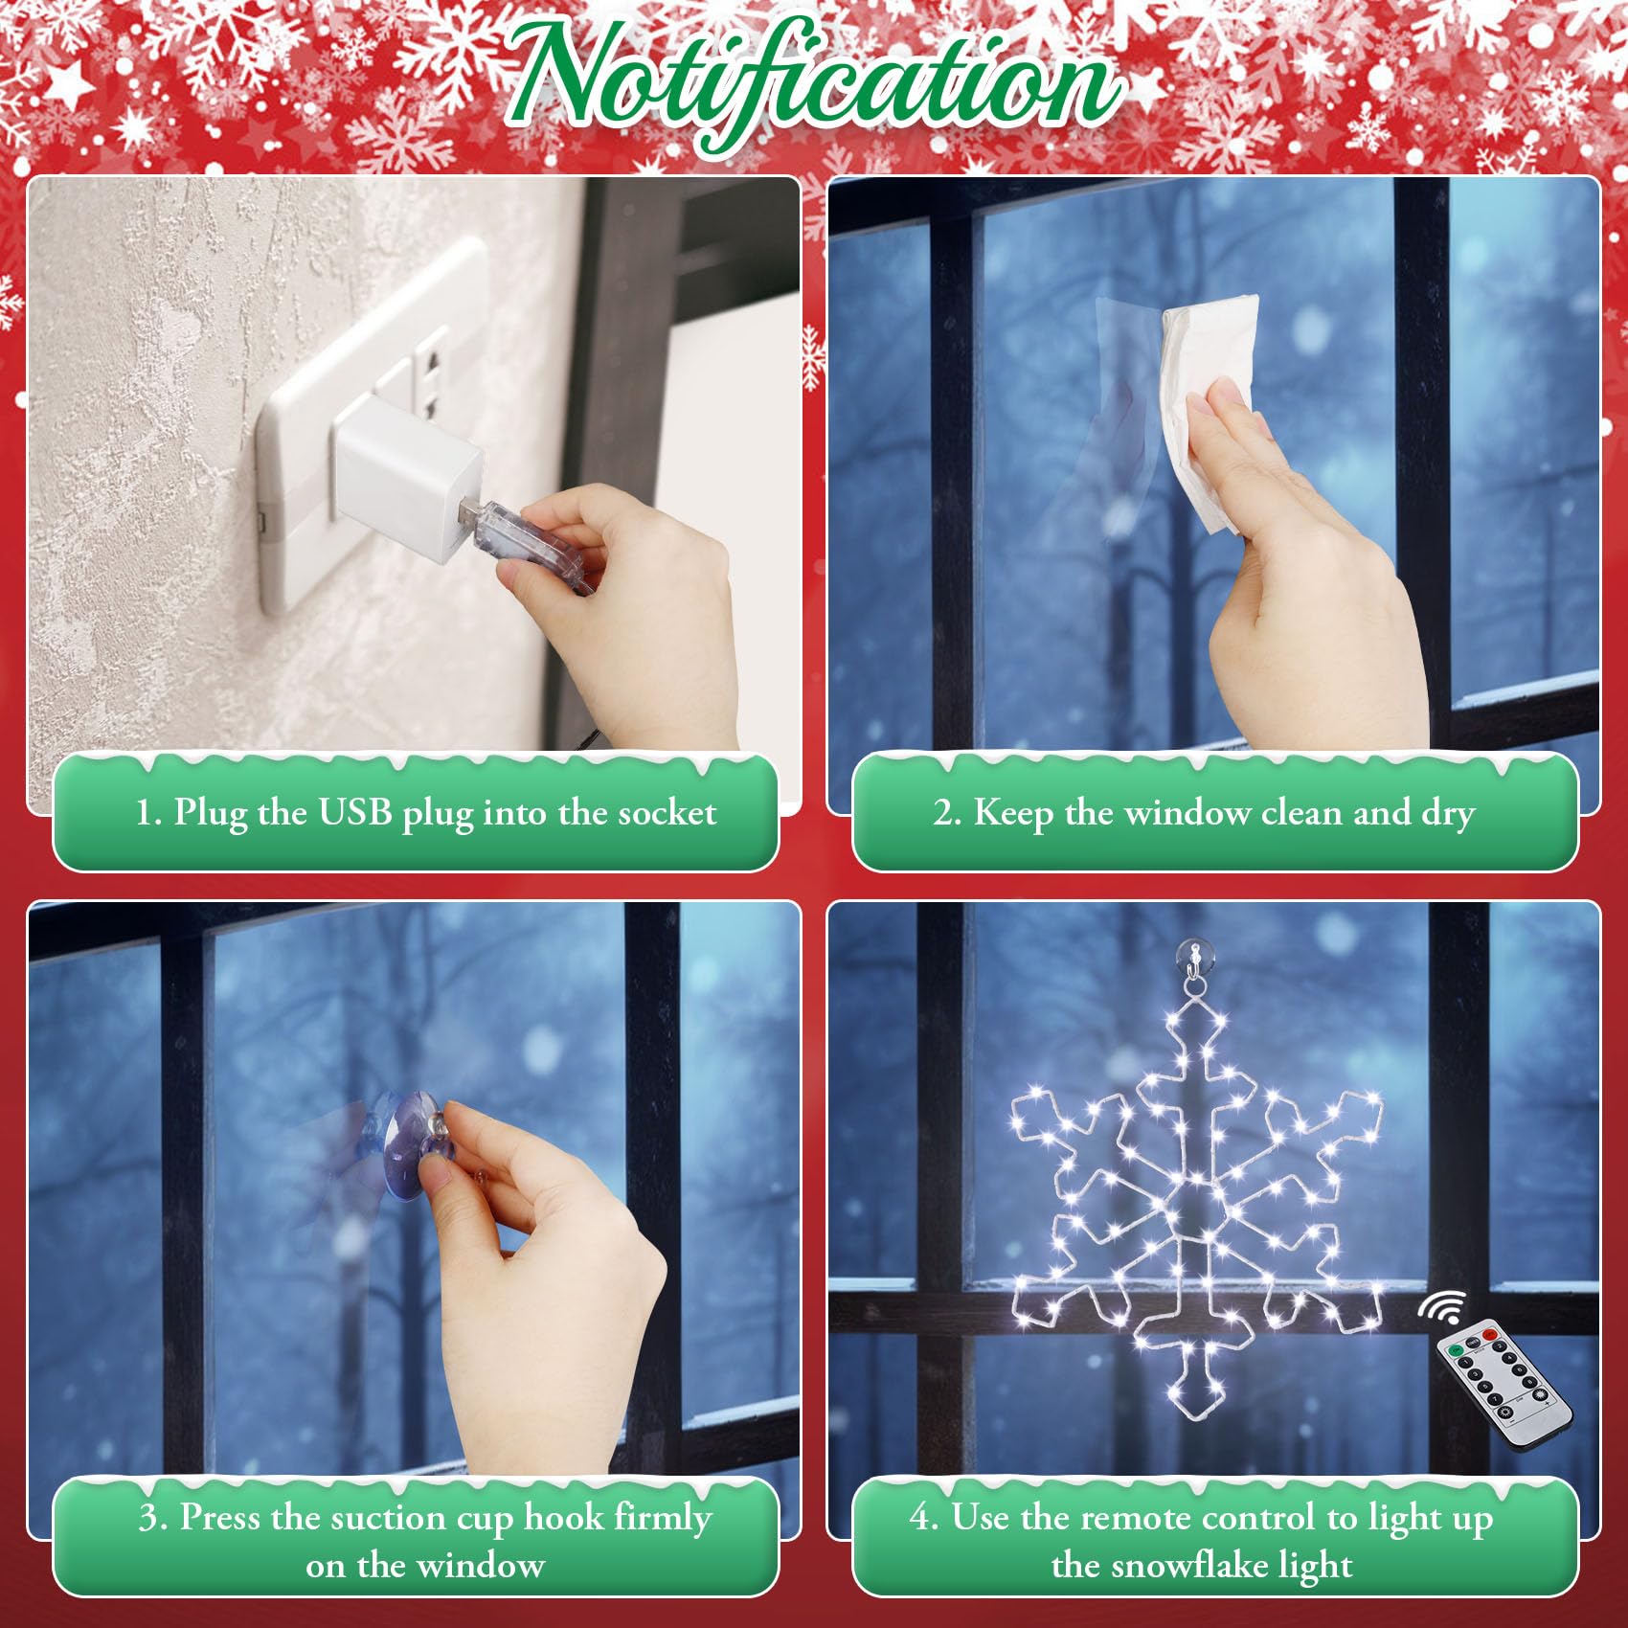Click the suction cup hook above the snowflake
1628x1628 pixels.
pyautogui.click(x=1194, y=967)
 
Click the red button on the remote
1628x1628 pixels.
pyautogui.click(x=1489, y=1334)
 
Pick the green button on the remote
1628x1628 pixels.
pyautogui.click(x=1456, y=1350)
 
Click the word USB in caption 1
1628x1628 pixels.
pyautogui.click(x=355, y=812)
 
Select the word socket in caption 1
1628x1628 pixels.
pyautogui.click(x=667, y=813)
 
